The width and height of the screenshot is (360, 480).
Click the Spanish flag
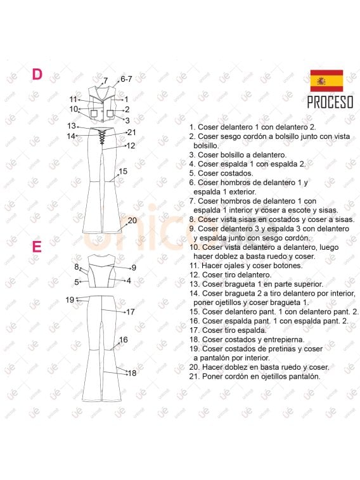click(326, 81)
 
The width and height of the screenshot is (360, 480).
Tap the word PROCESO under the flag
click(330, 102)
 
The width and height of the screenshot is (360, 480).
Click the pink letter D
click(37, 74)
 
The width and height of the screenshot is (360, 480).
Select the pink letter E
click(37, 247)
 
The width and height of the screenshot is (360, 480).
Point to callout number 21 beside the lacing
click(132, 133)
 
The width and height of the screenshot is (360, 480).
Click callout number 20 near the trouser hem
click(132, 221)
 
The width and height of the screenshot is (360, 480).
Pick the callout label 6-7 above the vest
click(126, 79)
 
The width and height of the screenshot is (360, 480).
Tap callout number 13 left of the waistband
click(72, 126)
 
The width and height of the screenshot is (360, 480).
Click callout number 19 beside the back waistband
click(70, 300)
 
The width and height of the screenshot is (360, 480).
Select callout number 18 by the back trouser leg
click(132, 373)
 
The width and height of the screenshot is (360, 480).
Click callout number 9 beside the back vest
click(134, 268)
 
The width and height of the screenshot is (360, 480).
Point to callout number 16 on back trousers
click(123, 340)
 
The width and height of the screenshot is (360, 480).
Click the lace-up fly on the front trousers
click(101, 136)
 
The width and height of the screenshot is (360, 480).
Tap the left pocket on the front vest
click(94, 114)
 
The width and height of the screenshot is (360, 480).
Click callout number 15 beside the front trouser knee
click(123, 171)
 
